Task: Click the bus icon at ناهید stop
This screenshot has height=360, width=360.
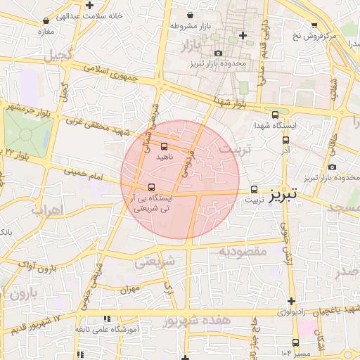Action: [165, 146]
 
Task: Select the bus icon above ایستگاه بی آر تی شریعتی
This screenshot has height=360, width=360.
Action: [152, 186]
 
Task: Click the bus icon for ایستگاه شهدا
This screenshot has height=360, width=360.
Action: [275, 115]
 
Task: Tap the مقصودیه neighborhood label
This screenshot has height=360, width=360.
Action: [242, 251]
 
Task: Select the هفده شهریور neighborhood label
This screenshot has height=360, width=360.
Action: [197, 321]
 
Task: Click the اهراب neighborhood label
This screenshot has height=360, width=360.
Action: [48, 210]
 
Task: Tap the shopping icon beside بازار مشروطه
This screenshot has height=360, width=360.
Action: [189, 15]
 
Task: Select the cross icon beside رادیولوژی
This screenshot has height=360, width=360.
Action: [291, 301]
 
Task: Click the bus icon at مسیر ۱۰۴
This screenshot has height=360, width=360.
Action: [295, 342]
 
